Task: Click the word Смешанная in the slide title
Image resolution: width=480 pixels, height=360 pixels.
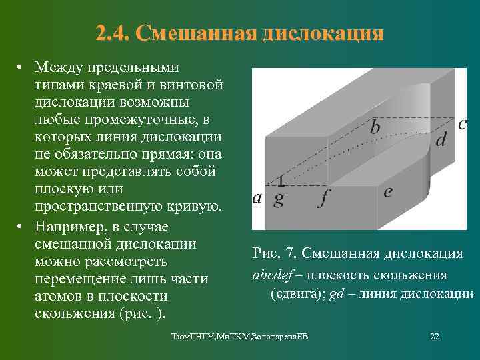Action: pos(194,33)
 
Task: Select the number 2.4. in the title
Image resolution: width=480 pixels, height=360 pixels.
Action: pos(113,33)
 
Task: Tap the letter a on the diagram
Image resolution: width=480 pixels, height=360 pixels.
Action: pos(257,198)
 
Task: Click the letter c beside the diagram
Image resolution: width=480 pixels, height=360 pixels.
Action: pos(462,124)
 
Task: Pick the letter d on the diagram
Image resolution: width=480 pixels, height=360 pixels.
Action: pos(441,139)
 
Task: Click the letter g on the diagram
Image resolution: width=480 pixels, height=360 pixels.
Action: pos(279,199)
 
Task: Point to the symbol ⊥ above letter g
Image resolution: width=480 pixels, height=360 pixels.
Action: pos(281,180)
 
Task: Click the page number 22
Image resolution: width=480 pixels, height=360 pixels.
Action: pos(435,336)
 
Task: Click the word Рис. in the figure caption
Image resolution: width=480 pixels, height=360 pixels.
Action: pos(267,253)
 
